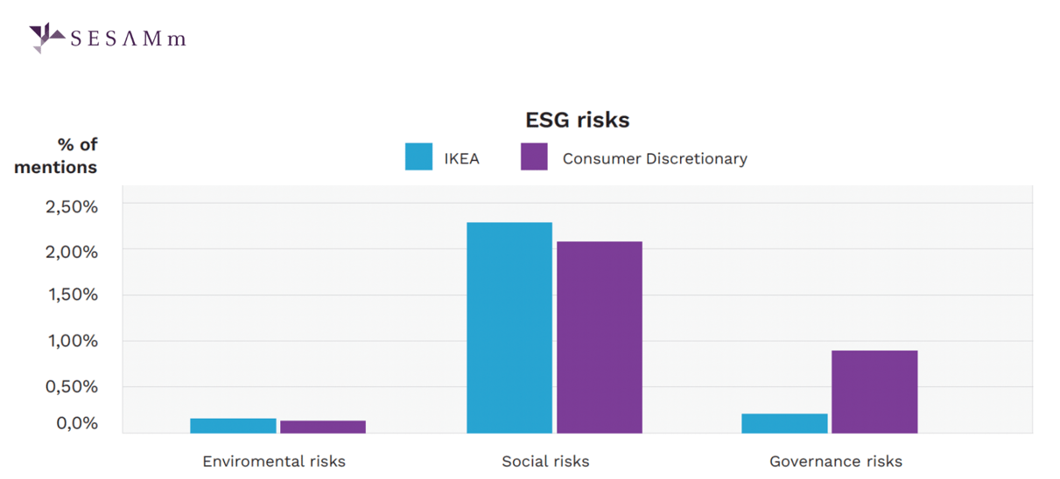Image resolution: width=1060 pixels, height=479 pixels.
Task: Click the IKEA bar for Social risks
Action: [509, 328]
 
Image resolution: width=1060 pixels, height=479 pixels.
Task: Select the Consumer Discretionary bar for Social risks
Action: [600, 337]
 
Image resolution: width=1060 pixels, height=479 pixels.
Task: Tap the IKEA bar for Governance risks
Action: [784, 423]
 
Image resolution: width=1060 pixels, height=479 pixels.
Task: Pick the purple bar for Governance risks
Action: [874, 392]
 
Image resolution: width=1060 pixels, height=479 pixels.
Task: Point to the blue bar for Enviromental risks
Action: [233, 426]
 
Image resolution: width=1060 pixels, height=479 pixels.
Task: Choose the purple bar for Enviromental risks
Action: [323, 427]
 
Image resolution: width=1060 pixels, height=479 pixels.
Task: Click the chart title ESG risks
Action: [577, 120]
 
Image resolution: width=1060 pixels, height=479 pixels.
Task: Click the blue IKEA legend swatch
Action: [418, 157]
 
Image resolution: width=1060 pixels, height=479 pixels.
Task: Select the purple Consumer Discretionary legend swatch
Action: [534, 157]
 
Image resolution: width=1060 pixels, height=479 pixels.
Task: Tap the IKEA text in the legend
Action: [461, 159]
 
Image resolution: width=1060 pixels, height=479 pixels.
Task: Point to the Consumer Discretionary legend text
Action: [655, 159]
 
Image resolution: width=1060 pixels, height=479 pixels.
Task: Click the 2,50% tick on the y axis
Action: [71, 207]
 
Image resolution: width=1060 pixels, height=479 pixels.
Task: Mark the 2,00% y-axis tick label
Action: [71, 252]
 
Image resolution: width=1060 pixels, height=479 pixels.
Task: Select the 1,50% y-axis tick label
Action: [71, 295]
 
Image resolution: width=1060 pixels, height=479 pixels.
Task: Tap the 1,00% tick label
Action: [71, 341]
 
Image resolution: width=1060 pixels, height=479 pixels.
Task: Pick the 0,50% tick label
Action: [71, 386]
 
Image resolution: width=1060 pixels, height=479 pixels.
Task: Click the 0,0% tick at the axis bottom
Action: [77, 424]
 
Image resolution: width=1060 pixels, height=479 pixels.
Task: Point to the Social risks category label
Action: [545, 462]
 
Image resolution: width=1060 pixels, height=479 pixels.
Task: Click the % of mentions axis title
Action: [56, 156]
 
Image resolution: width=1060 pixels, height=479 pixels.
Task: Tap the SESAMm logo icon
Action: [45, 38]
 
